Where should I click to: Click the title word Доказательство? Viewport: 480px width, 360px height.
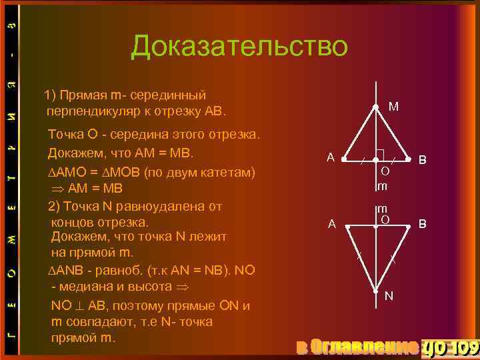click(x=239, y=47)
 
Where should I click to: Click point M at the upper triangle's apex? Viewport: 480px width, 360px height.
click(x=376, y=107)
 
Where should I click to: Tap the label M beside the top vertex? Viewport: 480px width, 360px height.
click(x=394, y=107)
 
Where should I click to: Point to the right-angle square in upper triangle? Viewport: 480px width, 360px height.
click(x=381, y=155)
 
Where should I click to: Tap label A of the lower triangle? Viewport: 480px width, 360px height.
click(x=331, y=225)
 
